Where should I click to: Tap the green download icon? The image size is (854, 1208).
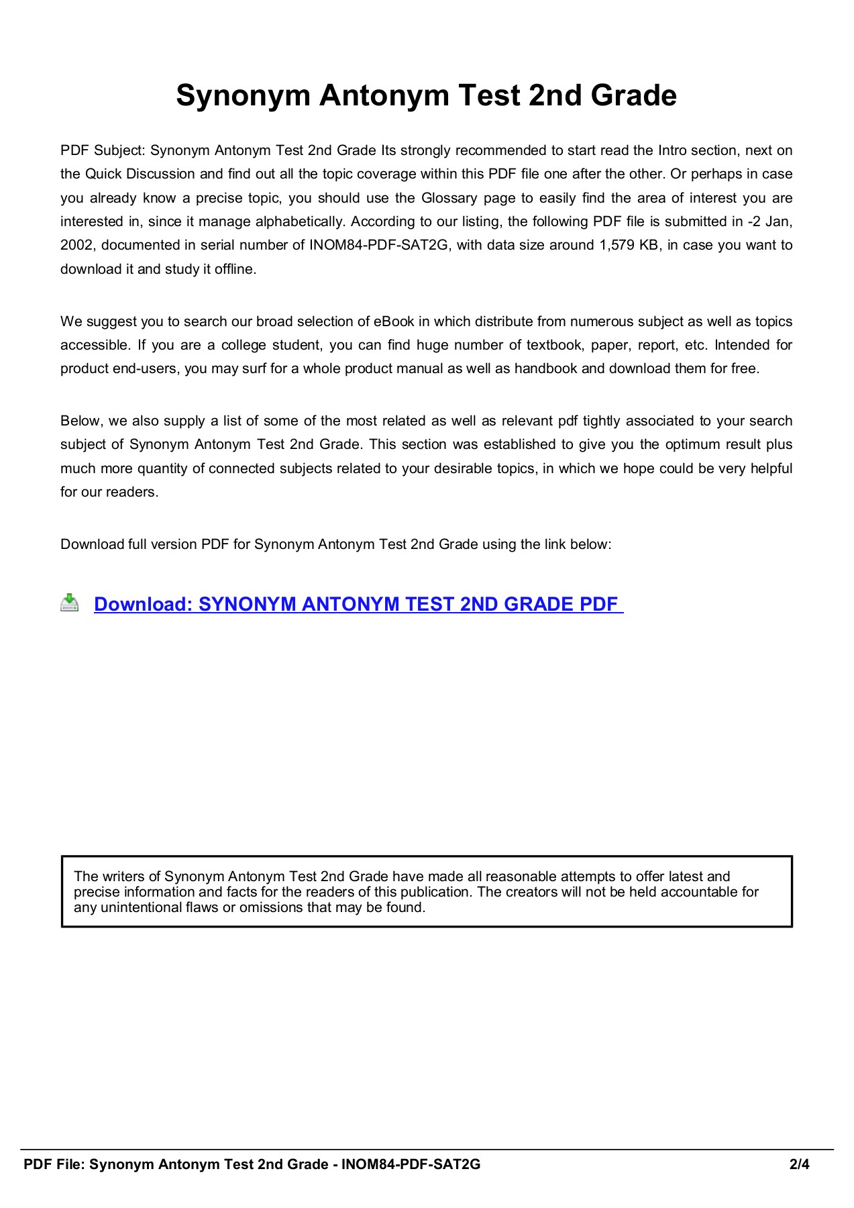pyautogui.click(x=69, y=603)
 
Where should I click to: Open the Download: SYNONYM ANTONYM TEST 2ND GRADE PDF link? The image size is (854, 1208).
pyautogui.click(x=358, y=604)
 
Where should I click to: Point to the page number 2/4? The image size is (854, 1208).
pyautogui.click(x=799, y=1164)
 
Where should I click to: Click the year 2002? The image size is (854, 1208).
pyautogui.click(x=77, y=245)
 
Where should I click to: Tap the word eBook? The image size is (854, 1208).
pyautogui.click(x=394, y=321)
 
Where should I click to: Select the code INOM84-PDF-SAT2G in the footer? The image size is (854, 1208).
pyautogui.click(x=411, y=1164)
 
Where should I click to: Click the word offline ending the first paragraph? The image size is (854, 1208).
pyautogui.click(x=235, y=269)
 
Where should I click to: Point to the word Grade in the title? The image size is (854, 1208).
pyautogui.click(x=633, y=96)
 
